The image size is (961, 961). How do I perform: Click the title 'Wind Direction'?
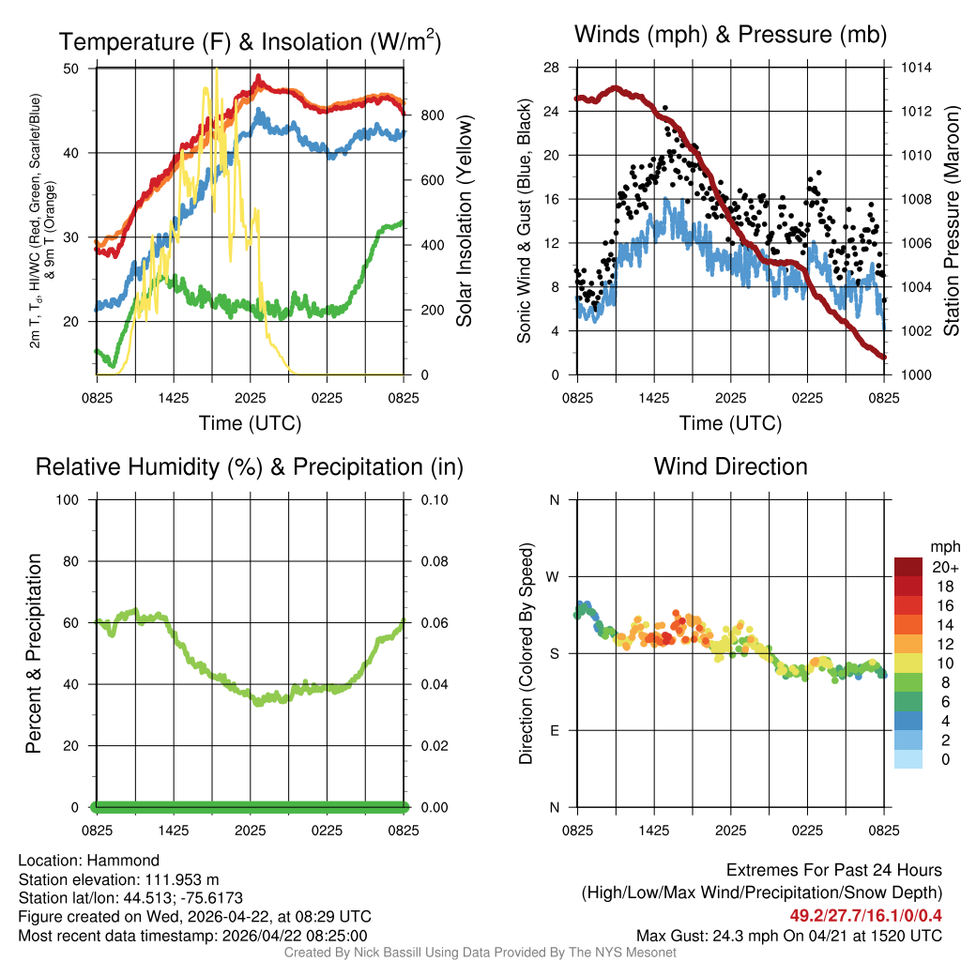tap(730, 466)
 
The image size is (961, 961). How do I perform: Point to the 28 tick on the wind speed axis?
tap(552, 68)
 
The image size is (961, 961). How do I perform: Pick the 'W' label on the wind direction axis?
tap(554, 576)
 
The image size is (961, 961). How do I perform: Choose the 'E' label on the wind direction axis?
tap(555, 730)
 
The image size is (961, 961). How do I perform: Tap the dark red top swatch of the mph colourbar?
tap(908, 567)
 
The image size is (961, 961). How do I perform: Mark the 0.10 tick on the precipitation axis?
tap(434, 499)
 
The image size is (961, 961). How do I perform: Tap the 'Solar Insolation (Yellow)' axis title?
tap(464, 221)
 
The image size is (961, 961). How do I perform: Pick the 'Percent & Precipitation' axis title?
tap(33, 653)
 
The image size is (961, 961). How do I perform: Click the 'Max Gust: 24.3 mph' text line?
tap(788, 935)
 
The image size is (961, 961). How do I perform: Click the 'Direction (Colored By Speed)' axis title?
tap(526, 653)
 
